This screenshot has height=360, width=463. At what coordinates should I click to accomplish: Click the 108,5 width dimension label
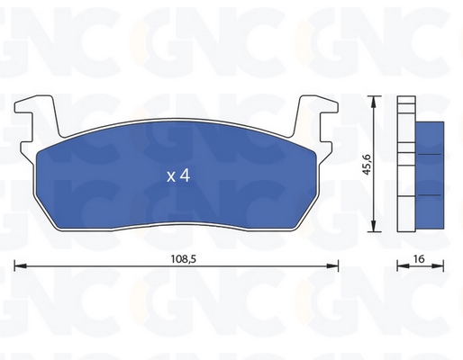(184, 259)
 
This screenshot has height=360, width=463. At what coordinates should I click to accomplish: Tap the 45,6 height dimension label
(367, 165)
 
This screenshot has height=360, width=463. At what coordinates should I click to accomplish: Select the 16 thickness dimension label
(419, 258)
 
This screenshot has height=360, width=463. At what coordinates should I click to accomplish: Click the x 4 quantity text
(178, 175)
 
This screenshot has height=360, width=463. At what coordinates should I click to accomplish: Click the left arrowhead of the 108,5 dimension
(21, 265)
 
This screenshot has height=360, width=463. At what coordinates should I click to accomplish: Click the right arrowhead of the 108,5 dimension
(332, 265)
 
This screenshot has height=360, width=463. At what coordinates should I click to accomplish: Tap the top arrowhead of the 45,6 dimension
(373, 102)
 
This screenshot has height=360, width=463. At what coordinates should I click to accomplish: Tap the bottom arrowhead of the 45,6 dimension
(373, 226)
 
